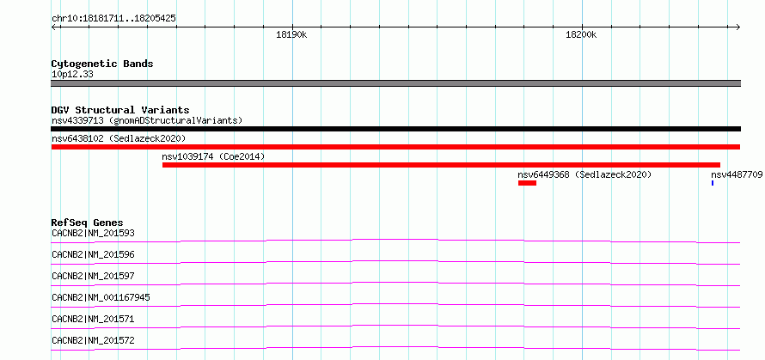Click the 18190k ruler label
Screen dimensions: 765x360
click(291, 34)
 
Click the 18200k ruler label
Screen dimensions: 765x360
click(582, 34)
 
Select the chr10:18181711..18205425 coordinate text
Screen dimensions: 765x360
click(113, 19)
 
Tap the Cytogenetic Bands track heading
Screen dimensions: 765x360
click(102, 64)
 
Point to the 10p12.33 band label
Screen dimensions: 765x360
click(73, 75)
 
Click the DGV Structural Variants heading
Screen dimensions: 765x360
click(120, 110)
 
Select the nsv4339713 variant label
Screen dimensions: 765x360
click(77, 120)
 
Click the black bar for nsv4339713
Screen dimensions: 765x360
click(395, 129)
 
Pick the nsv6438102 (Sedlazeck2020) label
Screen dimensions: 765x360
click(119, 138)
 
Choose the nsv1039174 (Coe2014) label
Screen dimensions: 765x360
click(213, 156)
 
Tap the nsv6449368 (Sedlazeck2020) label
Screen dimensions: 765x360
click(584, 174)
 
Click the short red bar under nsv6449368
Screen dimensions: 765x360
click(527, 183)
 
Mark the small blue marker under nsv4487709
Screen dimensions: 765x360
click(713, 183)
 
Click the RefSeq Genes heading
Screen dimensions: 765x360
click(88, 223)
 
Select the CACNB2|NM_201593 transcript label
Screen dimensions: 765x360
click(93, 233)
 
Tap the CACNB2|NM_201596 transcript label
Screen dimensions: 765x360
click(93, 254)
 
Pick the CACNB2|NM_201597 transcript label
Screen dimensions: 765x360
click(93, 276)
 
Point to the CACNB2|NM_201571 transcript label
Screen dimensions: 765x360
click(93, 319)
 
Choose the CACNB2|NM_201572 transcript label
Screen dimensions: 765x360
click(93, 340)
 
